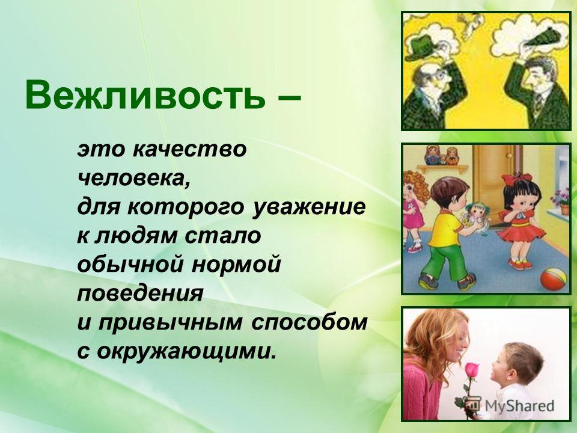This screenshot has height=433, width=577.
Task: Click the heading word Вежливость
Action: [x=145, y=96]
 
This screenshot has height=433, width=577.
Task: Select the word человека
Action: [x=134, y=178]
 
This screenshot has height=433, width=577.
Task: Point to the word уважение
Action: [x=309, y=207]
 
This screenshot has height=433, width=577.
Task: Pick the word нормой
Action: [x=236, y=265]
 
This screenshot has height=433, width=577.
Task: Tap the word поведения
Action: [x=140, y=294]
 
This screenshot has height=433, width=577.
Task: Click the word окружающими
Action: [x=186, y=352]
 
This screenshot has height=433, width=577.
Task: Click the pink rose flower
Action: [x=472, y=369]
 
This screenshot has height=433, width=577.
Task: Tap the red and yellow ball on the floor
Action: [x=553, y=278]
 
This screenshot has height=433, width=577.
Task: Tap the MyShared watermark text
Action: [x=519, y=405]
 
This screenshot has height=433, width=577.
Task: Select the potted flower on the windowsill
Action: [x=561, y=201]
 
